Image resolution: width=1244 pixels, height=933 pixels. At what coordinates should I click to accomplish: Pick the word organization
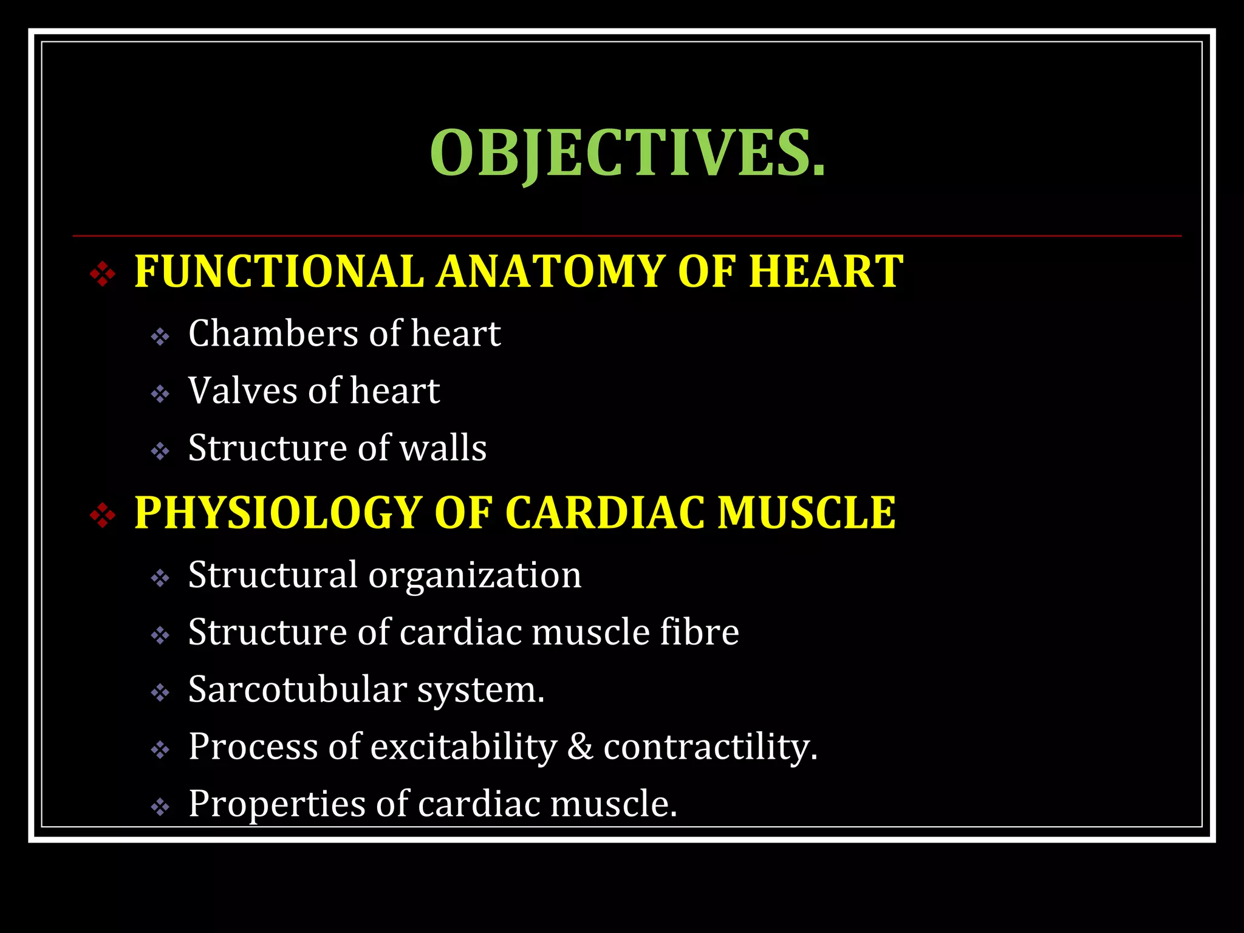pos(474,575)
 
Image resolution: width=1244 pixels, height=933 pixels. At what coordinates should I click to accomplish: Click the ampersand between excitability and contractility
pos(580,747)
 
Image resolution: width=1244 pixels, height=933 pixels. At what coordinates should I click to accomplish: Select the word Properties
pos(276,804)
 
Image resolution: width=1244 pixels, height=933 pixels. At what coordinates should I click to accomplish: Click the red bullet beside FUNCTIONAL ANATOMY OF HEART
pos(103,274)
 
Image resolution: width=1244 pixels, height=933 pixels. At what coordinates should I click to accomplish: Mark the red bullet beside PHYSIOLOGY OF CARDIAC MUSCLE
pos(103,516)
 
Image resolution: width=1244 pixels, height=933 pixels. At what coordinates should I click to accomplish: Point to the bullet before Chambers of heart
pos(160,337)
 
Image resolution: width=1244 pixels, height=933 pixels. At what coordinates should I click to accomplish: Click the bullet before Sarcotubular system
pos(160,692)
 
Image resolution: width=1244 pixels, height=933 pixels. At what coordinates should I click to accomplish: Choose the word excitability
pos(463,747)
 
